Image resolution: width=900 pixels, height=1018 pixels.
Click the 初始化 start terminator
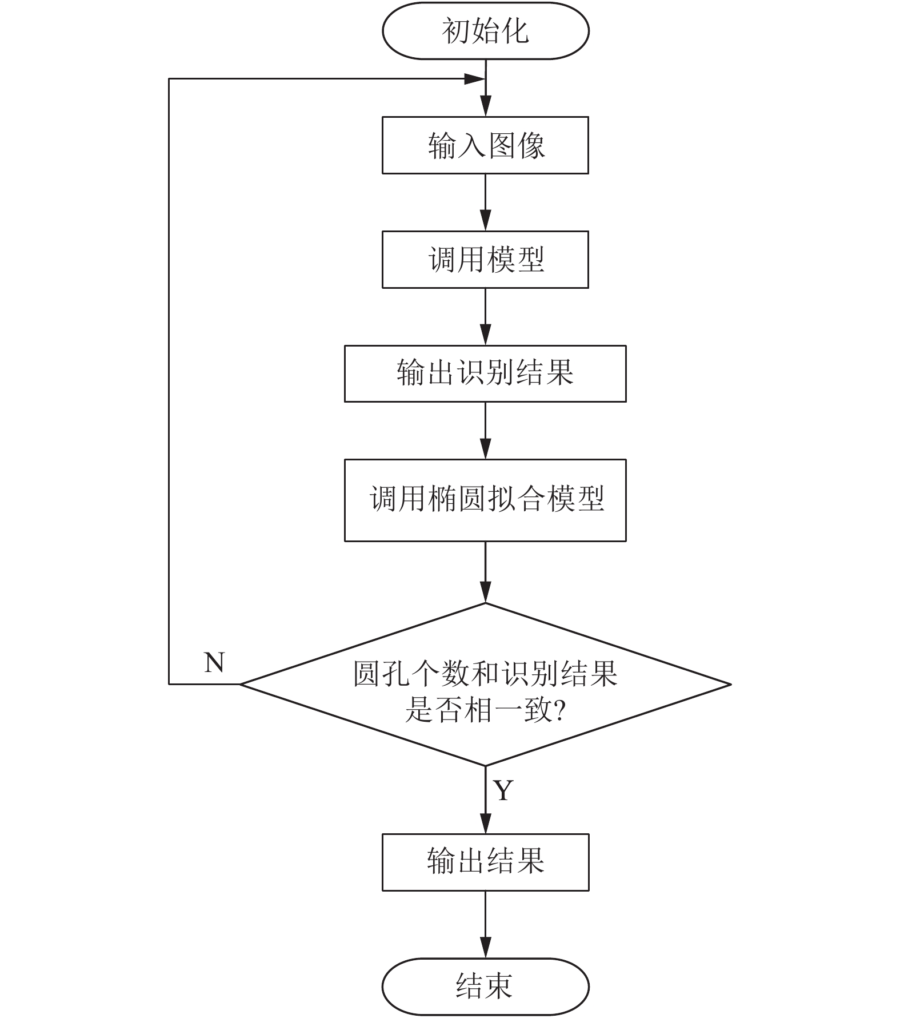pos(485,31)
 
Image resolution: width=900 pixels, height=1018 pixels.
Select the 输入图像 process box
pos(485,145)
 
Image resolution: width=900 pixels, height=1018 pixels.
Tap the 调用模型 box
pos(485,260)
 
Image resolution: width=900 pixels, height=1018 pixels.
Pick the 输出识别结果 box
pos(485,373)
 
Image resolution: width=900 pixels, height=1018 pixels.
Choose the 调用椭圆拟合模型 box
pos(485,500)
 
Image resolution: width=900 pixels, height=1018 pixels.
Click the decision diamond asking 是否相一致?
pos(485,684)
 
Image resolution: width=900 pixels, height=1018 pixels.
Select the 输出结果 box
pos(485,862)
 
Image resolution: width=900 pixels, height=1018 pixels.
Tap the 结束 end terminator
pos(485,987)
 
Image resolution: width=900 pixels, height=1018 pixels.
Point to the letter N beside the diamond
pos(214,663)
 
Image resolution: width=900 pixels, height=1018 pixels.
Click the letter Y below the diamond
pos(503,790)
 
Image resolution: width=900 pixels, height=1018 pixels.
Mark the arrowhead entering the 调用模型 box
pos(485,221)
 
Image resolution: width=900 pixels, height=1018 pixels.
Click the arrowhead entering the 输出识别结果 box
pos(485,335)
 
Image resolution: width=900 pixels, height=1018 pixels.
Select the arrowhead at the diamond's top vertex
pos(485,593)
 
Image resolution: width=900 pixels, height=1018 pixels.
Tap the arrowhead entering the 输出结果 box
pos(485,824)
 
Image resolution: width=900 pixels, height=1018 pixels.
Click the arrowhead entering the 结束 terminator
pos(485,949)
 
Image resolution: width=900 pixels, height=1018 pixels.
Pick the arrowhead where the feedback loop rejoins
pos(475,79)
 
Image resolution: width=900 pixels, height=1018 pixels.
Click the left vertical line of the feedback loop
pos(169,381)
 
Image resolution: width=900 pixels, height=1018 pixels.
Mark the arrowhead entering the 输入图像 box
pos(485,107)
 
